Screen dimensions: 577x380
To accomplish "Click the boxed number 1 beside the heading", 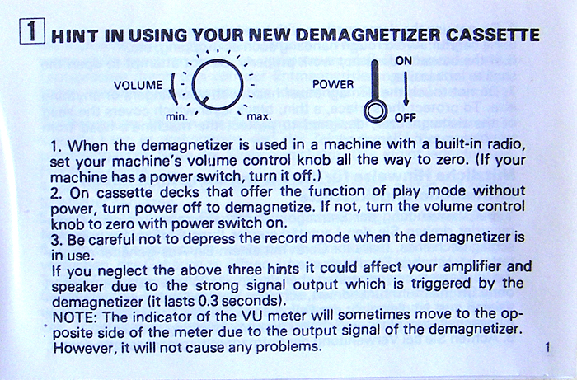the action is point(32,30).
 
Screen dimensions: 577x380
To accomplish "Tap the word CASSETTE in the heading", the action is point(493,35).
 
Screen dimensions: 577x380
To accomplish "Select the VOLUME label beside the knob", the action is point(138,86).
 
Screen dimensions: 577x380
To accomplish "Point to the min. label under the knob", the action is point(177,117).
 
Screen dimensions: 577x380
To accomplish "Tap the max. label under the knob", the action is point(259,117).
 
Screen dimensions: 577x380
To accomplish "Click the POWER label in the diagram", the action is point(333,85).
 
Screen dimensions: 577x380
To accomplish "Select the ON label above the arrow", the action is point(404,61).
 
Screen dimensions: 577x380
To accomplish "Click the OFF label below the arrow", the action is point(406,118).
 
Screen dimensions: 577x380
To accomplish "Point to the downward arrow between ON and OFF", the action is point(406,89).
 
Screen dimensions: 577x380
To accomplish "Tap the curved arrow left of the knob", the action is point(172,88).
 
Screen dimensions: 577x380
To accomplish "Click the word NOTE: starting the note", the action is point(75,317).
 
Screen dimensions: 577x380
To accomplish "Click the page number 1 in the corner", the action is point(548,347).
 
